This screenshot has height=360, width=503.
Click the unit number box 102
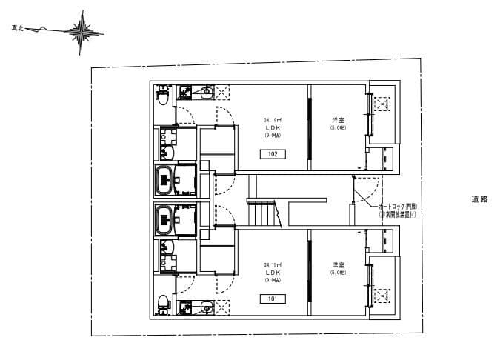(x=273, y=154)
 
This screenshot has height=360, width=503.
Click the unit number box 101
(x=273, y=299)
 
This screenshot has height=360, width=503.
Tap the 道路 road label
(x=479, y=199)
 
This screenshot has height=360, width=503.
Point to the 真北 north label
(x=17, y=29)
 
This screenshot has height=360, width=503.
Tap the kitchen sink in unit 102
(x=207, y=92)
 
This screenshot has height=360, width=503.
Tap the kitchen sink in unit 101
(x=207, y=305)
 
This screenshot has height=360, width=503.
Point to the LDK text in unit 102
(x=272, y=127)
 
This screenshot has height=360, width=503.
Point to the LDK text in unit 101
(x=272, y=272)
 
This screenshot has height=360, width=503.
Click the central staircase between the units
(x=263, y=215)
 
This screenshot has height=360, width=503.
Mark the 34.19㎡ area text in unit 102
(x=272, y=119)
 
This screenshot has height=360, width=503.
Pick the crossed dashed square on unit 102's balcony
(x=383, y=104)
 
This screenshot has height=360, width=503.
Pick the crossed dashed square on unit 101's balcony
(x=383, y=295)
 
